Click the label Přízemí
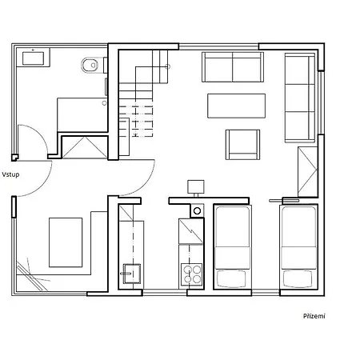pos(314,315)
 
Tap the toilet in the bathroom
pos(89,65)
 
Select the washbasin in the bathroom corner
pos(34,57)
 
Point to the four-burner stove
pos(193,274)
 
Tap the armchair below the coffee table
pos(242,143)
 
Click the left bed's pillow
pos(232,278)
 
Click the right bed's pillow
pos(298,278)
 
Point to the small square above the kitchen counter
pos(195,186)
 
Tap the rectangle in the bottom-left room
pos(66,242)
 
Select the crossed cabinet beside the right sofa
pos(307,170)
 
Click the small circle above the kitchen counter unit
pos(197,210)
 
